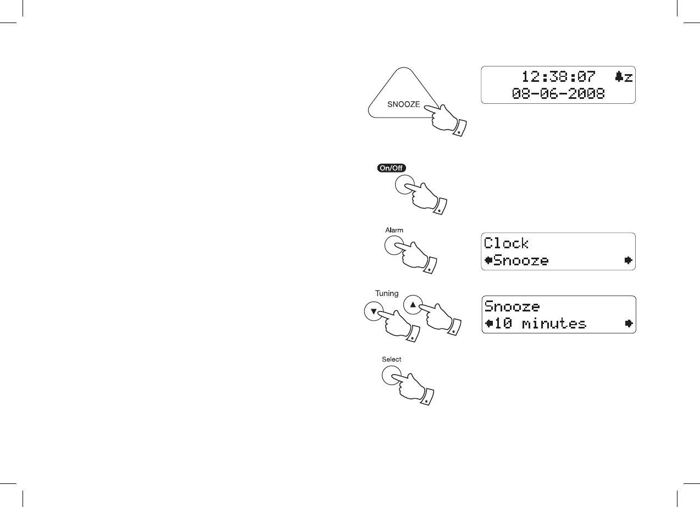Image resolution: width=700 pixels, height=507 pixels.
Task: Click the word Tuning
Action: [387, 294]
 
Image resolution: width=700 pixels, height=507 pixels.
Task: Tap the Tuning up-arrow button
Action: [414, 304]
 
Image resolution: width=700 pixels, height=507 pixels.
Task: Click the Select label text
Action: [392, 359]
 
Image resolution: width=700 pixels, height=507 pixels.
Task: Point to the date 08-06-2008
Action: [558, 94]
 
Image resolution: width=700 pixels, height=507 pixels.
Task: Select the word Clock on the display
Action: [506, 243]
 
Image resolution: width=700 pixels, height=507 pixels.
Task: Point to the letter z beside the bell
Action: [628, 78]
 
